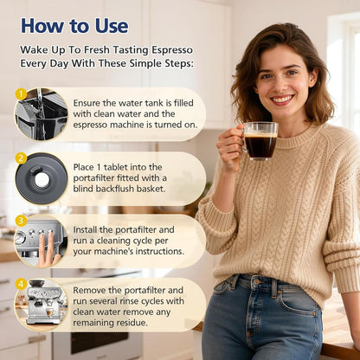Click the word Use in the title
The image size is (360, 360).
point(112,26)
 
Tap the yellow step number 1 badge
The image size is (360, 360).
point(21,93)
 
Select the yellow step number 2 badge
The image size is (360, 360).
point(21,158)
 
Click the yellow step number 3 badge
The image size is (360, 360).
point(21,221)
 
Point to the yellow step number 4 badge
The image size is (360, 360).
point(21,284)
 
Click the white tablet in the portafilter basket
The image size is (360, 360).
point(42,180)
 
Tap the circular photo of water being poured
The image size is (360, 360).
point(42,114)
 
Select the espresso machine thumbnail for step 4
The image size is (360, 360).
point(42,305)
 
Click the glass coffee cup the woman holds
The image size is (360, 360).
point(260,141)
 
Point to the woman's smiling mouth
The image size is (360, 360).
point(282,100)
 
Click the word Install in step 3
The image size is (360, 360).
point(85,230)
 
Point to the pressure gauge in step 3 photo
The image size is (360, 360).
point(21,238)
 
